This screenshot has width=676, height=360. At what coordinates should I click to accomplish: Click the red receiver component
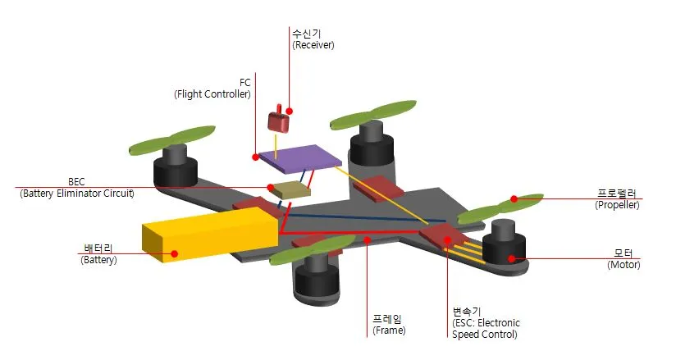point(278,120)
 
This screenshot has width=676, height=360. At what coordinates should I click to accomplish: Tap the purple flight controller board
point(298,158)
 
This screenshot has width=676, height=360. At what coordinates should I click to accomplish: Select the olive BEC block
point(291,189)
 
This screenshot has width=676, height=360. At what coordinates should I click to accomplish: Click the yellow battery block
point(210,235)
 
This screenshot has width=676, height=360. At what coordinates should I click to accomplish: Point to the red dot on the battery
point(174,253)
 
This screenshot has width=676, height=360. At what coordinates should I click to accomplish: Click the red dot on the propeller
point(514,198)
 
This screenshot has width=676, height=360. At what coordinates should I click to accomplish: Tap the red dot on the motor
point(511,258)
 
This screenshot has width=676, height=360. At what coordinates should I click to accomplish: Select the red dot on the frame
point(367,239)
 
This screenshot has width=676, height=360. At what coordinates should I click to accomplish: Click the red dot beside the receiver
point(290,112)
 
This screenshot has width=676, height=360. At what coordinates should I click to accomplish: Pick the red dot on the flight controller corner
point(256,157)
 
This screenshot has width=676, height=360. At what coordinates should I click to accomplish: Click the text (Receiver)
point(313,45)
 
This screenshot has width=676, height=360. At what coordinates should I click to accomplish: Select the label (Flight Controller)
point(212,94)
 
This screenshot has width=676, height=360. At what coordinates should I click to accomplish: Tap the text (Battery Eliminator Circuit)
point(77,194)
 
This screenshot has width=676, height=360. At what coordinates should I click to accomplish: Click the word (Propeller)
point(617,205)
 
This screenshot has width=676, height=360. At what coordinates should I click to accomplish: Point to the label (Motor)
point(623,264)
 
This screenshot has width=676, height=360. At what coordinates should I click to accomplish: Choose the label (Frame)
point(389,330)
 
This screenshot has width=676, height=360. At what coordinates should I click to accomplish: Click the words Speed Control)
point(485,334)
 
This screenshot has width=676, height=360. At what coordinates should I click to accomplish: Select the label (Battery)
point(98,260)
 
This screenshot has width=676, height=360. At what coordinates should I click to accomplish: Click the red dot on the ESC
point(448,239)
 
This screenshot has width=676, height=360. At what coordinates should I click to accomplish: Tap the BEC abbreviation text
point(76,181)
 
